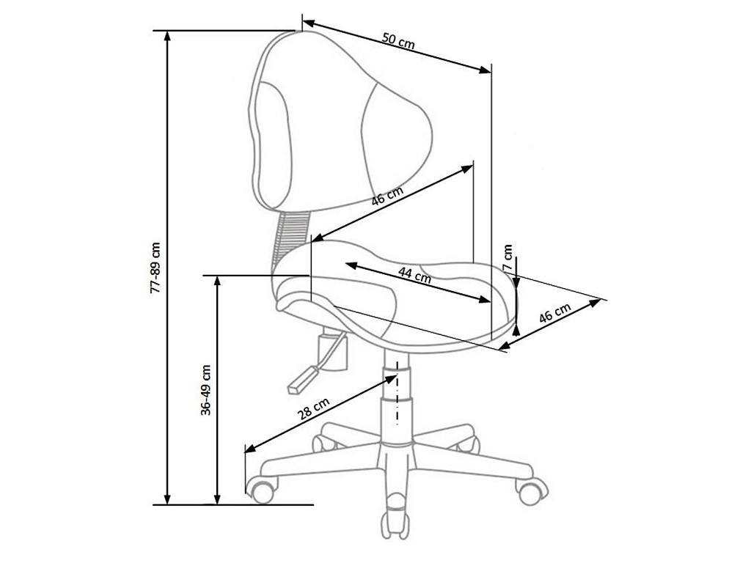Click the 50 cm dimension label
(x=398, y=41)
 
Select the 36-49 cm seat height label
(x=206, y=390)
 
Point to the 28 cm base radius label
(x=314, y=408)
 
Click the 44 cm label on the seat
(x=415, y=276)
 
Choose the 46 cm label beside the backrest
(x=387, y=195)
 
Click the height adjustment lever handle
(x=301, y=380)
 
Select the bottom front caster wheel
(x=395, y=520)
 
